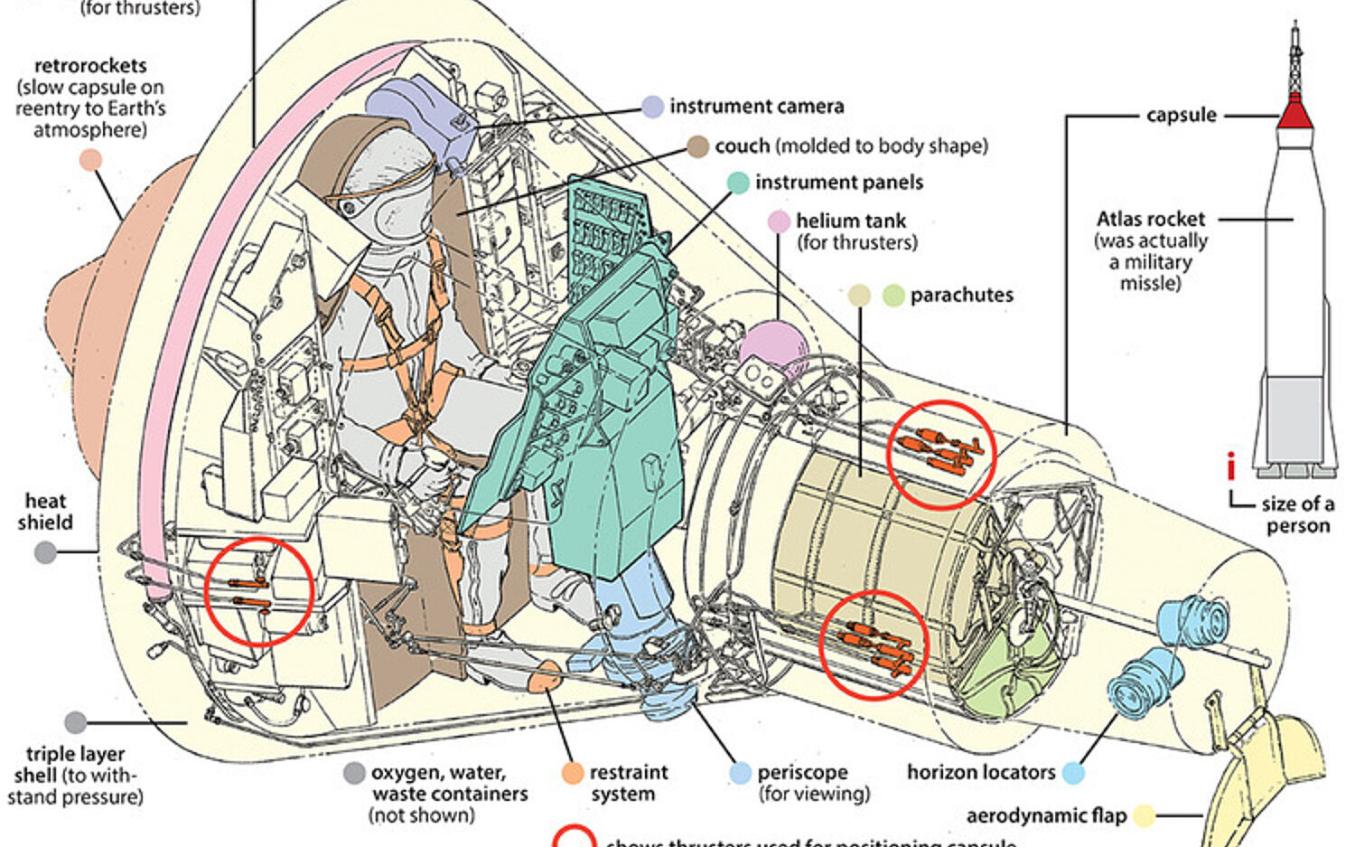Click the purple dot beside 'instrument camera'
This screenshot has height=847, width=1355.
coord(652,107)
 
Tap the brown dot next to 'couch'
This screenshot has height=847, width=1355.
coord(697,146)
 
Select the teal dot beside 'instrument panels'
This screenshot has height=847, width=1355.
coord(738,183)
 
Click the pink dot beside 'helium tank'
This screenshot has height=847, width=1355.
coord(779,221)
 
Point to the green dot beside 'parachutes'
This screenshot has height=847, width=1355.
coord(893,296)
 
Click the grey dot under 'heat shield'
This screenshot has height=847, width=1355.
coord(45,552)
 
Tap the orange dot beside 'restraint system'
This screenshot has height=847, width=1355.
coord(573,773)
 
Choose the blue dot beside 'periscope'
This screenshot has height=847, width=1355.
coord(740,773)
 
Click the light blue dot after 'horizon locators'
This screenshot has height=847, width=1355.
coord(1073,773)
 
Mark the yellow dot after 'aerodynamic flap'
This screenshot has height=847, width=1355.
coord(1145,816)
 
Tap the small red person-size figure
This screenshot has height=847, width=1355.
coord(1230,466)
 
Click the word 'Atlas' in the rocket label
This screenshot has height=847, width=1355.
coord(1118,220)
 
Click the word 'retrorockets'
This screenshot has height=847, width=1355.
coord(90,66)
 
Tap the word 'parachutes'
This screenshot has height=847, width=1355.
coord(961,296)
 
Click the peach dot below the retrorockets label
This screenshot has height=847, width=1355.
coord(90,161)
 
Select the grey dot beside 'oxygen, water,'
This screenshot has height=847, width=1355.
coord(354,773)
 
